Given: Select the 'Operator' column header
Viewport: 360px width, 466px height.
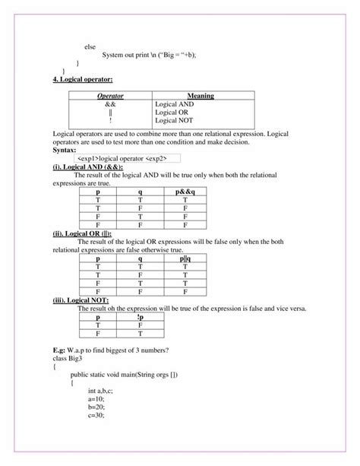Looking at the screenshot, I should coord(111,96).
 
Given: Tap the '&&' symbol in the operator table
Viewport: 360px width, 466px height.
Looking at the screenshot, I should coord(111,104).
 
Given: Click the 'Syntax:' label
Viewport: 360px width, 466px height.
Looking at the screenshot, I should coord(66,150).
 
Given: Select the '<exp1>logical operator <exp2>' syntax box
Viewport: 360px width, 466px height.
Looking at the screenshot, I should coord(122,158).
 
